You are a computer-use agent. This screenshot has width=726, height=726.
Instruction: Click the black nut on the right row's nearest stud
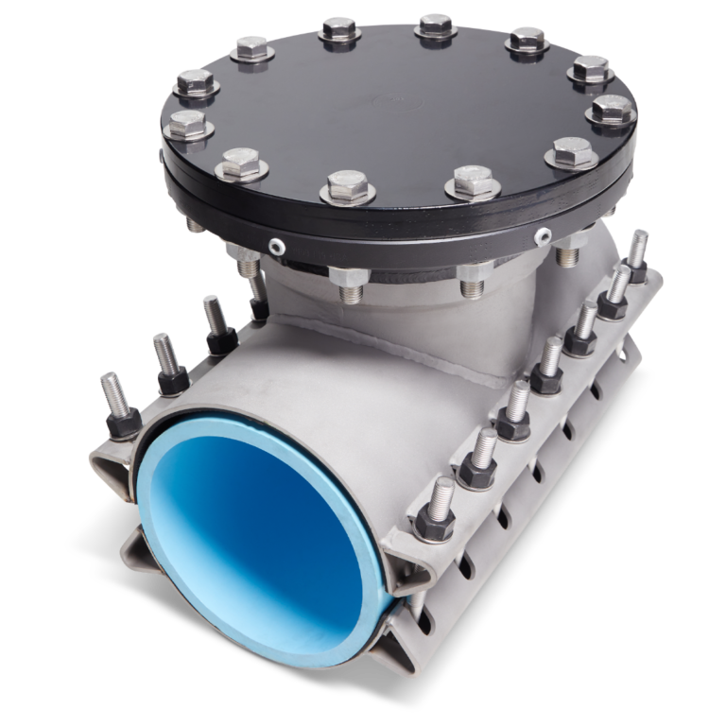[x=435, y=522]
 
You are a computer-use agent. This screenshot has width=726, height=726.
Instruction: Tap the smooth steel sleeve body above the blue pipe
[x=312, y=388]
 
